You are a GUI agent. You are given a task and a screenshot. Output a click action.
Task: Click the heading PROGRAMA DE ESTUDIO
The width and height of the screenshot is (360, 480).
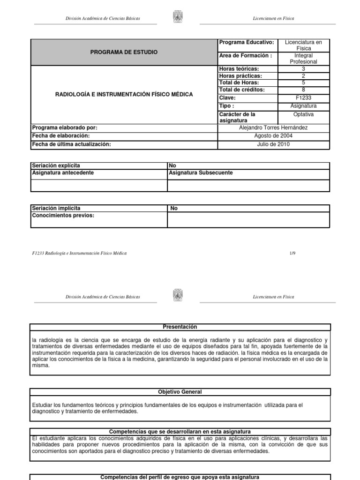(124, 52)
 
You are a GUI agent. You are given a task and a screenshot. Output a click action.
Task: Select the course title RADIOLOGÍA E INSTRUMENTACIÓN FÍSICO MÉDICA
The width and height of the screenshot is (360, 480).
(124, 94)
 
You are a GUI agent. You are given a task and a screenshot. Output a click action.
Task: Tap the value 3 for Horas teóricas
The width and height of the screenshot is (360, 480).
(303, 68)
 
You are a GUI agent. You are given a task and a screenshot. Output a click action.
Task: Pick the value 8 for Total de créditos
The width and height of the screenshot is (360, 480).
(303, 90)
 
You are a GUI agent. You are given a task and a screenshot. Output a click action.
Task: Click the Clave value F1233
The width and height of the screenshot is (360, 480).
(303, 98)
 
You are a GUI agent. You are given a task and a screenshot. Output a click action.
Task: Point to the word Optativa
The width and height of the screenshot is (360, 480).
(303, 114)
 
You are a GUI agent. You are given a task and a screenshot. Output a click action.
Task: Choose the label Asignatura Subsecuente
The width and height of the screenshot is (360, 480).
(201, 173)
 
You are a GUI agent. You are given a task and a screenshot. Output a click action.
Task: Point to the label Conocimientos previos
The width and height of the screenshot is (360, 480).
(63, 216)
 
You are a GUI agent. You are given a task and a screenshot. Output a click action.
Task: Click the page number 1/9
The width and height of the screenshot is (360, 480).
(292, 253)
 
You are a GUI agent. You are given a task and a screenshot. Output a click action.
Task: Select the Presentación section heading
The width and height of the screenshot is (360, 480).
(180, 327)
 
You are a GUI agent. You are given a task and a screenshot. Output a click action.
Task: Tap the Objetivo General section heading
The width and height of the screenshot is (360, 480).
(180, 391)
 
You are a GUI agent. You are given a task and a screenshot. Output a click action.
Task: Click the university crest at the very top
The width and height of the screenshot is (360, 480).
(178, 18)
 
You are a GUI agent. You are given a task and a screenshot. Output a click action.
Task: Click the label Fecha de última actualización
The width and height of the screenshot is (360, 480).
(71, 144)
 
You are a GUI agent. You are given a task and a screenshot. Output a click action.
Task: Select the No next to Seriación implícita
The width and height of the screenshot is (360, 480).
(174, 209)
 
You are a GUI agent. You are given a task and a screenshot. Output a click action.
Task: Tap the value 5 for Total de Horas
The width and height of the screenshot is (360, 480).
(303, 82)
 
